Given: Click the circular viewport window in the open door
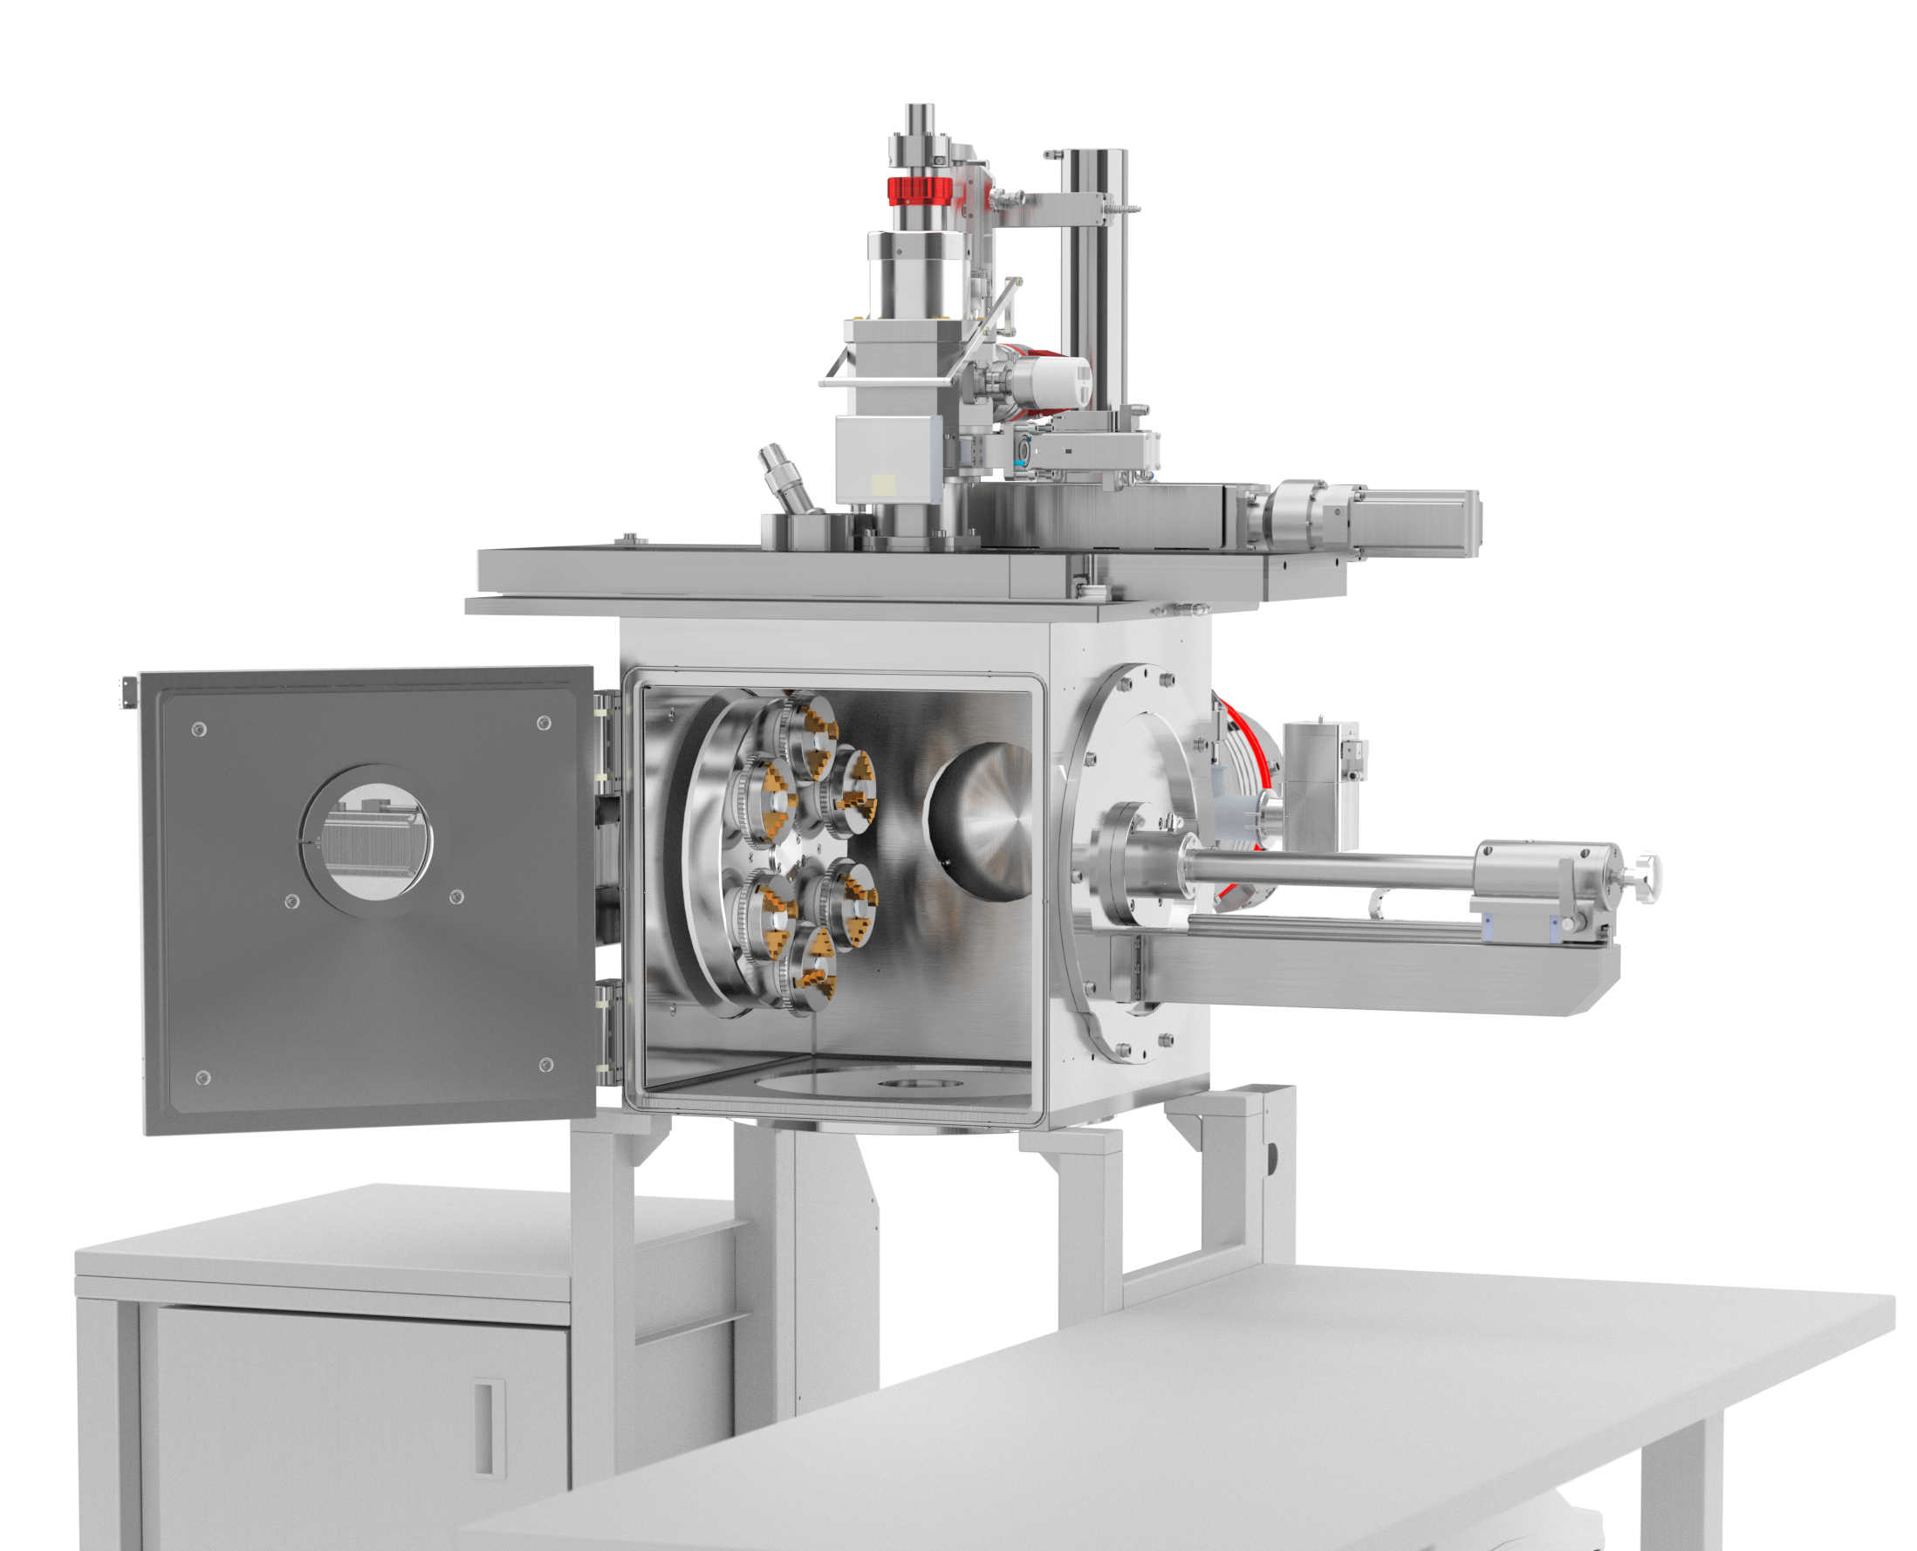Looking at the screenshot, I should (x=366, y=841).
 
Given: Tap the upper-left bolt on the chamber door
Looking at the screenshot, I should (x=199, y=729).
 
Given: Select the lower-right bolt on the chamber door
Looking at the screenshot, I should (x=547, y=1064).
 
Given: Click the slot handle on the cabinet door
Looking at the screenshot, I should (x=483, y=1427).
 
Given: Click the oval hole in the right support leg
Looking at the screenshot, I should (x=1270, y=1157).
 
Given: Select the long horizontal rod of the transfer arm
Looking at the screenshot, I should (x=1331, y=864).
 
